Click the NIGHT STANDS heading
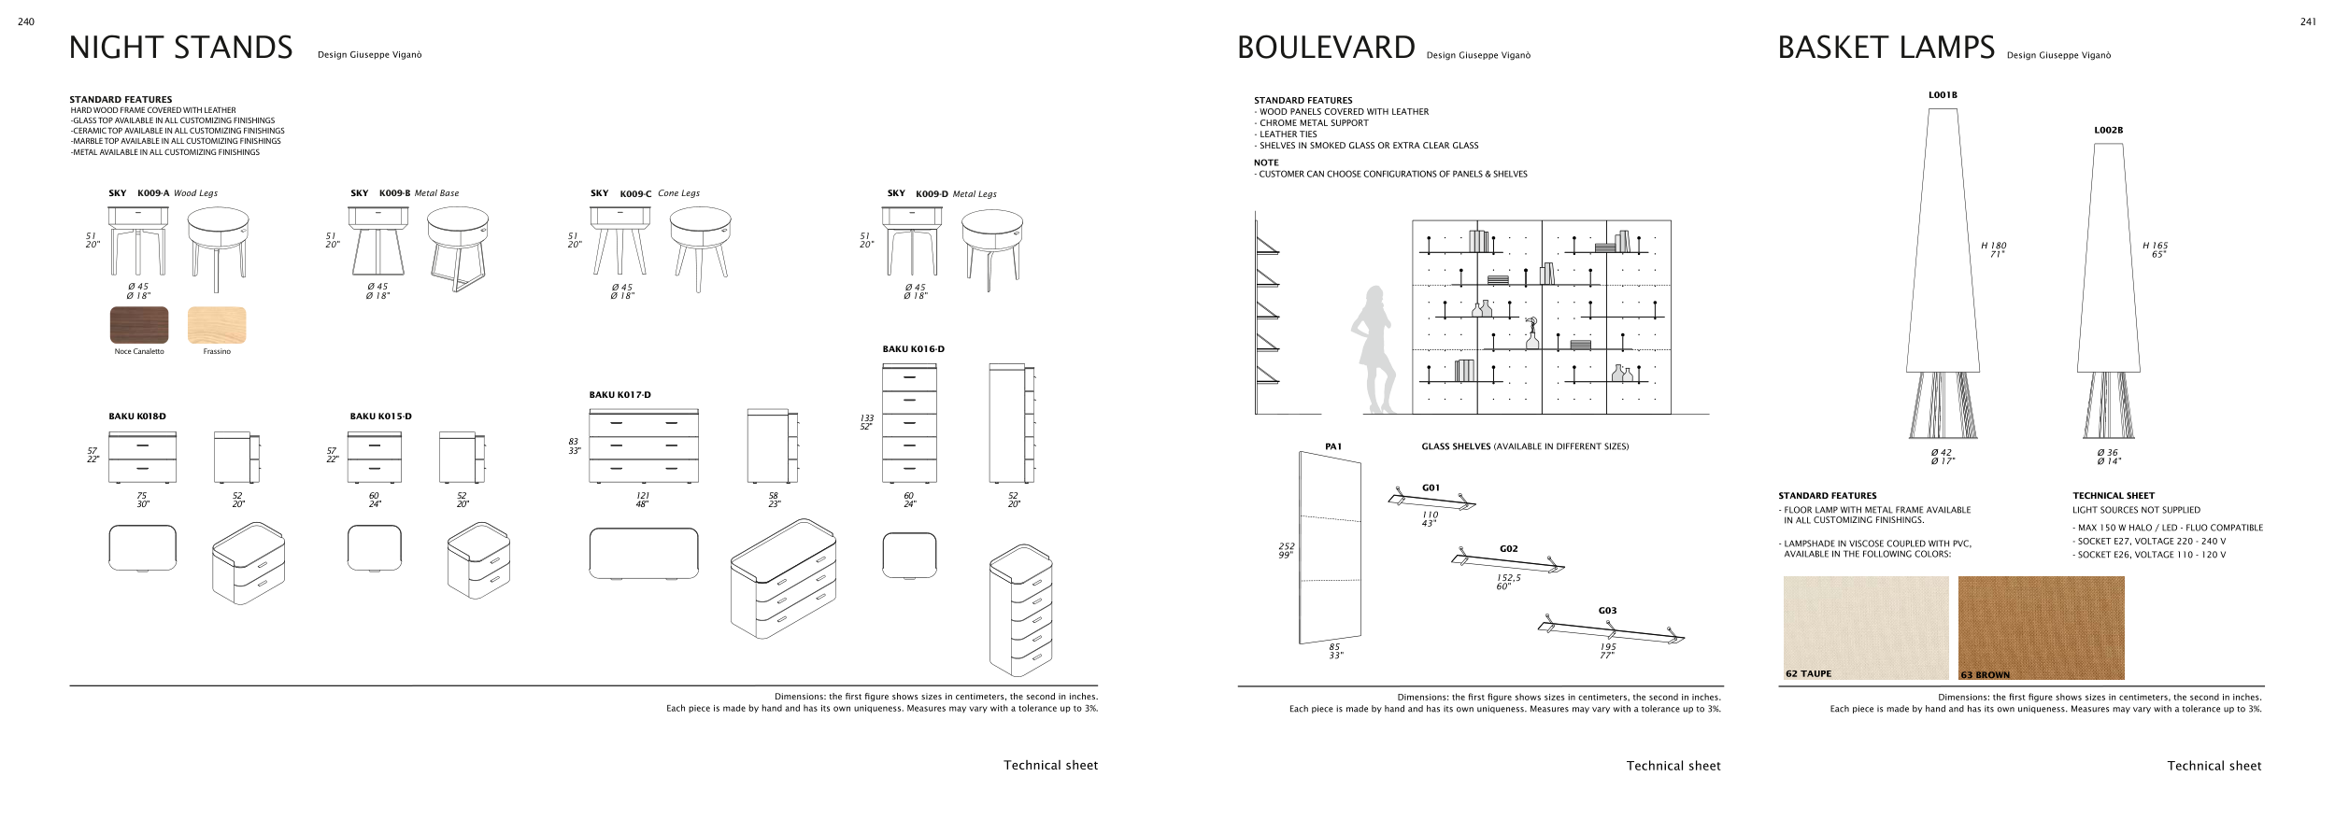coord(180,48)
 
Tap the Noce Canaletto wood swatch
coord(139,325)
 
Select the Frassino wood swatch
coord(217,325)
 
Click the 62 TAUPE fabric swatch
coord(1865,627)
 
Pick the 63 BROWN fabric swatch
coord(2041,627)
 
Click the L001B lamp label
coord(1943,95)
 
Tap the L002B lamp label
coord(2108,131)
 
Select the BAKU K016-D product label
coord(913,349)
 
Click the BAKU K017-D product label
coord(619,395)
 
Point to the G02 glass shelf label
coord(1508,549)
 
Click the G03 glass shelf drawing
coord(1611,632)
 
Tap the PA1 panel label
coord(1333,446)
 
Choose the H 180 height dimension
coord(1993,246)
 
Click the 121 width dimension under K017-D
coord(642,496)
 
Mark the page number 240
coord(26,22)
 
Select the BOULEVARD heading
coord(1325,48)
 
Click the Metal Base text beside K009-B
coord(436,193)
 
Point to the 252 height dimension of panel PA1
coord(1286,546)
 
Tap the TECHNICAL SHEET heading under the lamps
coord(2113,496)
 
